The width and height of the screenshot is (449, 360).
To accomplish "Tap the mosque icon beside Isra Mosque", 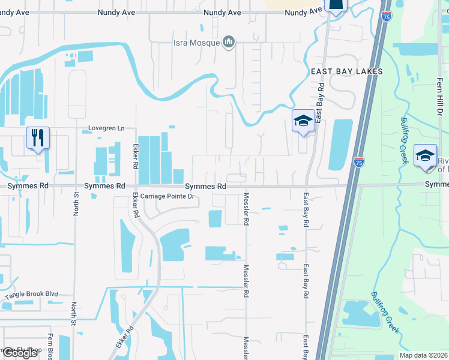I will pyautogui.click(x=228, y=42).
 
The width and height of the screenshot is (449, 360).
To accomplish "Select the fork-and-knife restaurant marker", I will pyautogui.click(x=38, y=139).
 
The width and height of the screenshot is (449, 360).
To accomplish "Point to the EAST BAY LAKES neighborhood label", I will pyautogui.click(x=346, y=71).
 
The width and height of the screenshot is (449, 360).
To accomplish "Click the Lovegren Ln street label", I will pyautogui.click(x=106, y=128).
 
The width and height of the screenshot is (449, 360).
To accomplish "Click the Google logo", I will pyautogui.click(x=20, y=353).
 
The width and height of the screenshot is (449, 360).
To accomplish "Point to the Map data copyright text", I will pyautogui.click(x=424, y=355).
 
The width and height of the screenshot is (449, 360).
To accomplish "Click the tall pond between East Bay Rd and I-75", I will pyautogui.click(x=340, y=145).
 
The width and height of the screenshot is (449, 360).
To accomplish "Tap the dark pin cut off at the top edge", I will pyautogui.click(x=336, y=6).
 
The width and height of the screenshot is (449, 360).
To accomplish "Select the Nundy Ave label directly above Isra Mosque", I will pyautogui.click(x=222, y=12).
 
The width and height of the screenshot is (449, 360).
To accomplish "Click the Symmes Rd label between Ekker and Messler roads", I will pyautogui.click(x=205, y=187).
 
